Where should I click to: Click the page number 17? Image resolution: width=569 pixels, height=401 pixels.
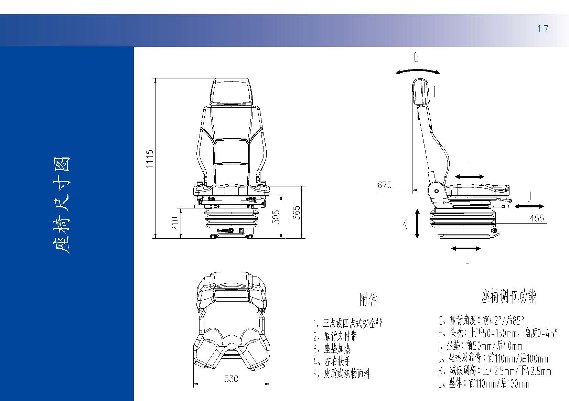[543, 29]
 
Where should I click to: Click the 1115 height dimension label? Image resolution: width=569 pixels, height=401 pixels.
[150, 159]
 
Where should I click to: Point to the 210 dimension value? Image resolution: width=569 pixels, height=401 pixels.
[175, 224]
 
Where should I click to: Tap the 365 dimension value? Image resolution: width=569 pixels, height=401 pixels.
[297, 213]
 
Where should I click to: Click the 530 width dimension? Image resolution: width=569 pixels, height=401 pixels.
[231, 379]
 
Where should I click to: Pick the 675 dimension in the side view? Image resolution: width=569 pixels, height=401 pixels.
[384, 185]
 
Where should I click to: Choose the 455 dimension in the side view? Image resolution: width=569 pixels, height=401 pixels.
[537, 218]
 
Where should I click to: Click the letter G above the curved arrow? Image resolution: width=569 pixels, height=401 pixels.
[416, 57]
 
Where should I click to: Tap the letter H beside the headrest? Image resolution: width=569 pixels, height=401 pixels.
[437, 92]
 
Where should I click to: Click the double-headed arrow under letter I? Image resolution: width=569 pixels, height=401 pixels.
[470, 177]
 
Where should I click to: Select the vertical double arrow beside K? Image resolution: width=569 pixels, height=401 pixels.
[417, 224]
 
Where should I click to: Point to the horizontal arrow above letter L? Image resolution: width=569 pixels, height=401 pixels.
[466, 249]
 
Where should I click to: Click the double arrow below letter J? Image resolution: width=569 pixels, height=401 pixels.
[529, 206]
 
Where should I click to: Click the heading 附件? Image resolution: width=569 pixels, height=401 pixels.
[368, 300]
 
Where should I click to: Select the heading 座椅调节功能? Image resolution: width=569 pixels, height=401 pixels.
[508, 296]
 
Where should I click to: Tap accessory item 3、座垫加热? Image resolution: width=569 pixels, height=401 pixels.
[332, 349]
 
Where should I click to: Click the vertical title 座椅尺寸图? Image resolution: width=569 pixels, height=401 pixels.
[61, 205]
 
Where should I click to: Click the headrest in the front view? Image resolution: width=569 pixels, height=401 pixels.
[232, 92]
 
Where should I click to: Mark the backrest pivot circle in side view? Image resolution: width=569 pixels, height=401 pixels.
[437, 191]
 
